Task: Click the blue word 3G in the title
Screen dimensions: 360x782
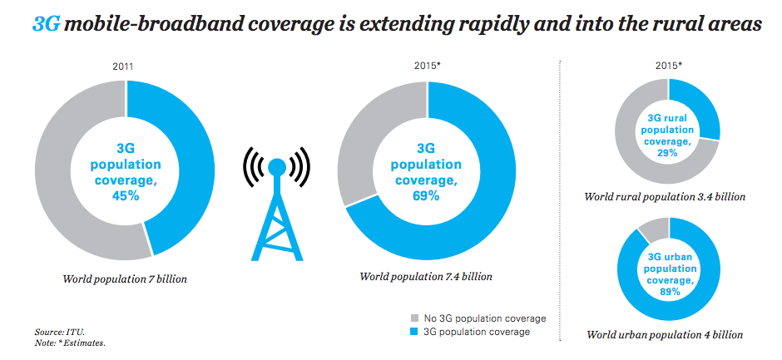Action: (x=46, y=25)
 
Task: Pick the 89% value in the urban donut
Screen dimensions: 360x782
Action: (x=670, y=292)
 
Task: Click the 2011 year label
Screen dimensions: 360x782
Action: (x=124, y=66)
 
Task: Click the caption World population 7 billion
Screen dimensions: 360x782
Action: (x=125, y=279)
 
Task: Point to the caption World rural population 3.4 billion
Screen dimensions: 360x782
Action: (x=665, y=197)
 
